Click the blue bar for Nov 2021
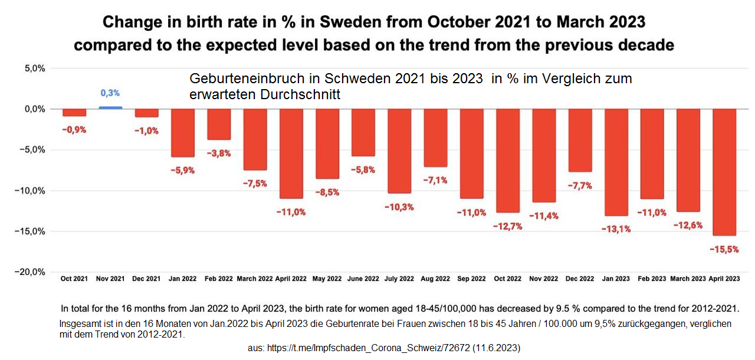(110, 107)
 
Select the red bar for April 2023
(724, 171)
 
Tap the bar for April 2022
(291, 153)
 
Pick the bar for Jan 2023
(616, 162)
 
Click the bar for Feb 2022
(219, 124)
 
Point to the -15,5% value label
(724, 250)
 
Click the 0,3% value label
(110, 93)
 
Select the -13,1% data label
(616, 229)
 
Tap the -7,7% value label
(580, 185)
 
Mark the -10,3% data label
(400, 207)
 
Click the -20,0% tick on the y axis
(30, 272)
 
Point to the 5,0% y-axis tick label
(33, 68)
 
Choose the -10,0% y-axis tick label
(30, 191)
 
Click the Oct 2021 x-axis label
(74, 279)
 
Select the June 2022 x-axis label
(363, 279)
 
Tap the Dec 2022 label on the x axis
(580, 279)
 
